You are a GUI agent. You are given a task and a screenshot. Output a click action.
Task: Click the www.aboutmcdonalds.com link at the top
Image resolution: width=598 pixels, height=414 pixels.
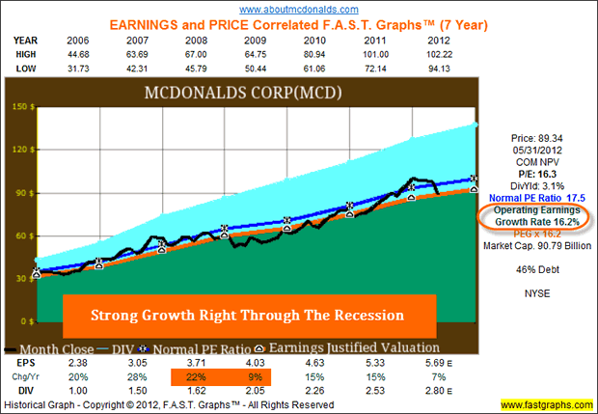click(298, 9)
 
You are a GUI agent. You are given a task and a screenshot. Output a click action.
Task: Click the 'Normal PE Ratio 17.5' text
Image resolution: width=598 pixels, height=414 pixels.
click(537, 198)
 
